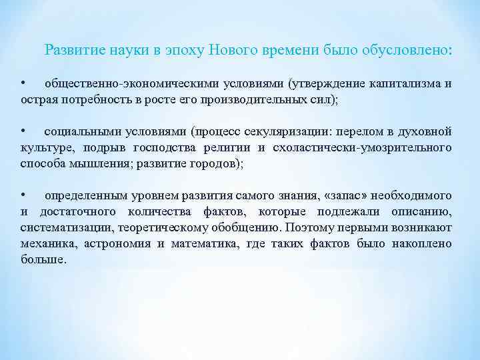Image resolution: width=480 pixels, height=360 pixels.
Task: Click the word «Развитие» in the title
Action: coord(72,50)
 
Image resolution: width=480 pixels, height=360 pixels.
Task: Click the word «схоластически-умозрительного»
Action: coord(364,147)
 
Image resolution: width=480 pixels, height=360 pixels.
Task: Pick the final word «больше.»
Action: coord(43,259)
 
